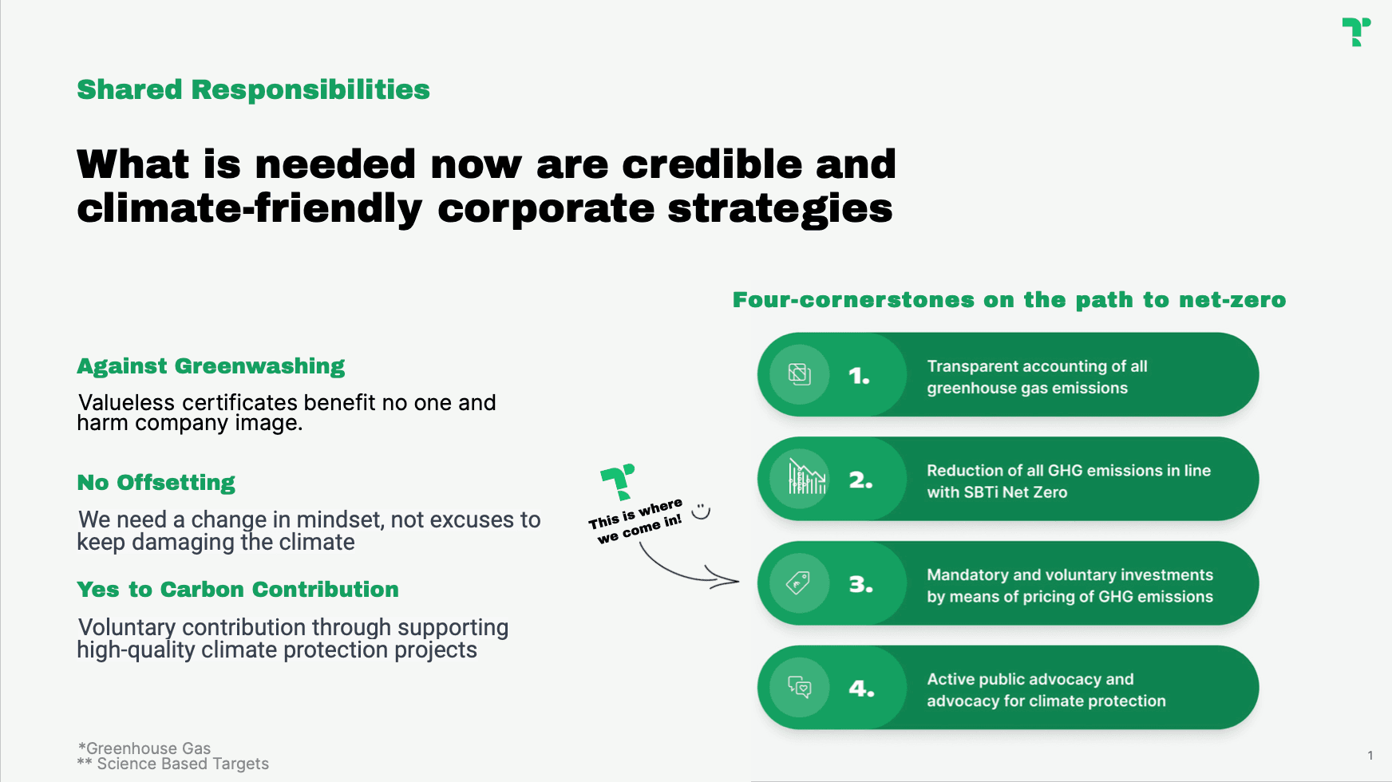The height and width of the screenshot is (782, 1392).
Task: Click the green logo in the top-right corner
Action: (x=1356, y=32)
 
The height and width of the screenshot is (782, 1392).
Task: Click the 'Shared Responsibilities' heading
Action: (x=253, y=89)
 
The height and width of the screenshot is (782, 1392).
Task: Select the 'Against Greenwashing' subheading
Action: (x=211, y=366)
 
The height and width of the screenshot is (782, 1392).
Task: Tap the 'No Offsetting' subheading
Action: (x=156, y=483)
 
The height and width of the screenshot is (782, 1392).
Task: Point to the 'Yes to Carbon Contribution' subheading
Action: (x=238, y=589)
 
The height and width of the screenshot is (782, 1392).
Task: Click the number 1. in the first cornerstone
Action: (x=859, y=376)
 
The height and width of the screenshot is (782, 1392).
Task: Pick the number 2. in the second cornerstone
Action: (x=860, y=480)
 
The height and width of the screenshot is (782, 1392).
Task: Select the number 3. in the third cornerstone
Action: (x=860, y=584)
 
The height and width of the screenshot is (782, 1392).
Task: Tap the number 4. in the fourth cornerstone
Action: (x=861, y=689)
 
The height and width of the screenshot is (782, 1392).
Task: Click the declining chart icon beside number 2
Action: (x=807, y=477)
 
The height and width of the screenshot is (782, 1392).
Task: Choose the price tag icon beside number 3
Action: (x=798, y=583)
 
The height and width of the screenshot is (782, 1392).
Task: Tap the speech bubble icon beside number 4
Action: (x=800, y=686)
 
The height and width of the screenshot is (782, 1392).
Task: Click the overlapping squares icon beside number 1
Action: (x=799, y=373)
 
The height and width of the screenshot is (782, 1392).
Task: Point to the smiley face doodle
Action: (x=701, y=511)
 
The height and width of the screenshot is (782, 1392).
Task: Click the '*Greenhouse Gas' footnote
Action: (x=144, y=748)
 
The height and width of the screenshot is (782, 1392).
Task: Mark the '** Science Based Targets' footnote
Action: (x=173, y=764)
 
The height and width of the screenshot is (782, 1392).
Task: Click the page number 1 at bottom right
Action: (x=1370, y=756)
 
